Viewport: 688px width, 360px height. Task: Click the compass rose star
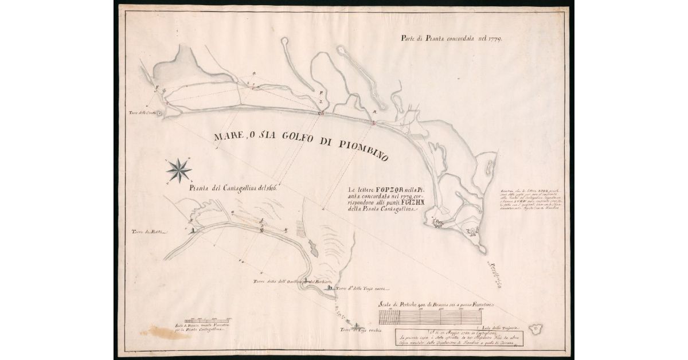click(179, 170)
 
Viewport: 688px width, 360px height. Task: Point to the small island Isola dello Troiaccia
click(537, 329)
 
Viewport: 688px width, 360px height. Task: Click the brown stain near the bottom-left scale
click(165, 333)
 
